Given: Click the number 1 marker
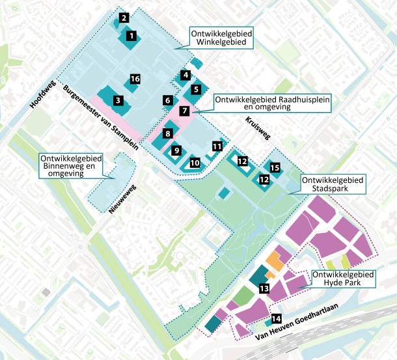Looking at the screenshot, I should tap(131, 36).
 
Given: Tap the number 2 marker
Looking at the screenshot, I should tap(124, 18).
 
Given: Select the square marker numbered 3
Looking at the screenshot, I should tap(118, 101).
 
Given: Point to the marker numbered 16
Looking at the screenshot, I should tap(135, 79).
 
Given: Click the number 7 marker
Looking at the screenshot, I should tap(185, 111).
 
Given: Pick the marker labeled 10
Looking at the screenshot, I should tap(195, 163).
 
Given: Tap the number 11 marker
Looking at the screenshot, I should tap(216, 147).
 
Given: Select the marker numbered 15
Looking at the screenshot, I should tap(275, 168).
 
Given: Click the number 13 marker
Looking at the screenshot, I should tap(264, 288).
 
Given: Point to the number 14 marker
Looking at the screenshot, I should tap(277, 318).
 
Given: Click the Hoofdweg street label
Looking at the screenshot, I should tap(40, 95).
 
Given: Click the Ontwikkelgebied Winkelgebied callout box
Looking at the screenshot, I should tap(221, 38).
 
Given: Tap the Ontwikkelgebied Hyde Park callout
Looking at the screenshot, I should tap(343, 279).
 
